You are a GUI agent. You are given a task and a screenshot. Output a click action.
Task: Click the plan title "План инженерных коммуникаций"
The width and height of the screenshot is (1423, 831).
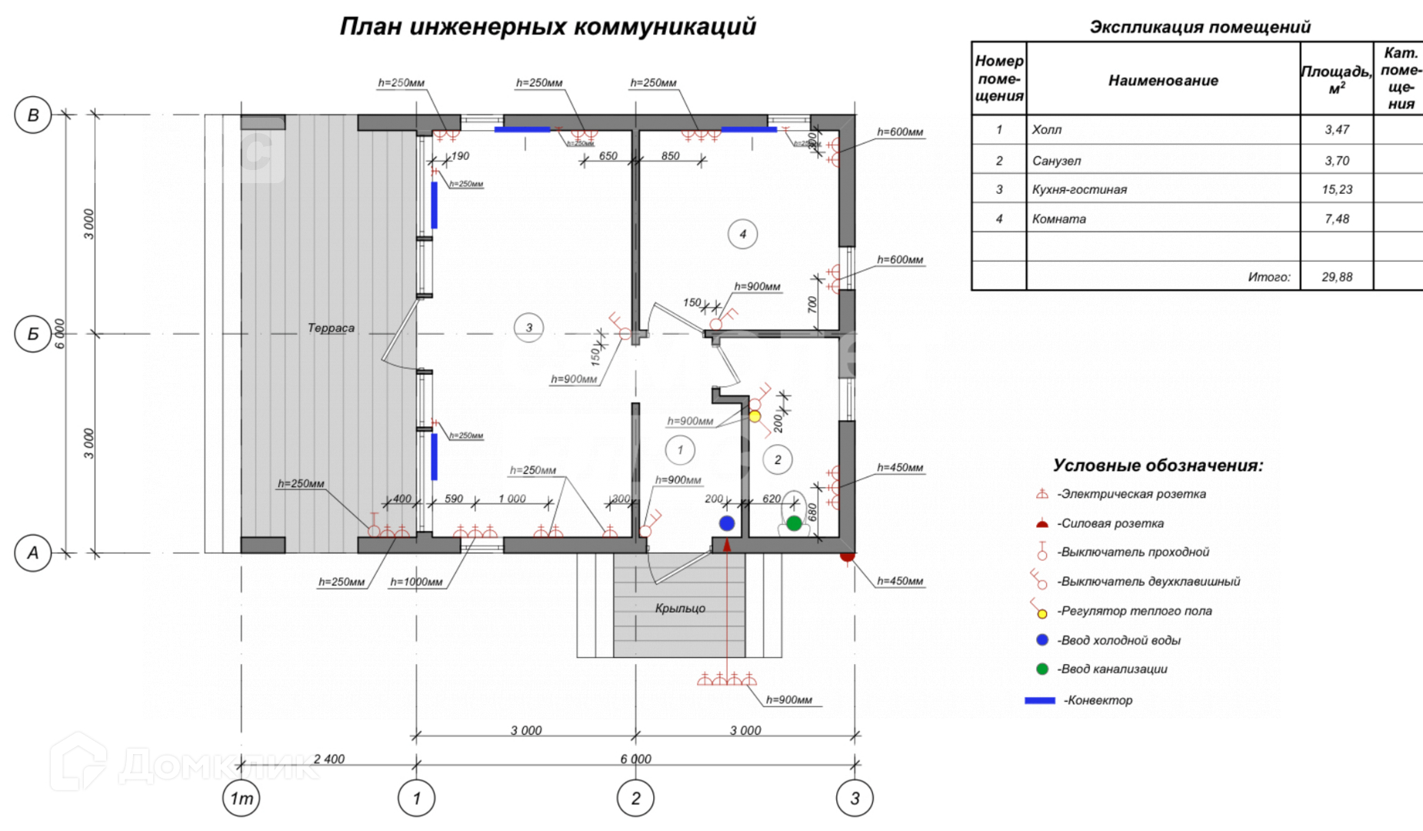[x=548, y=26]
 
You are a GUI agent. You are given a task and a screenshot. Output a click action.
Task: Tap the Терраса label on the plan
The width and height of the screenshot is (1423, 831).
[x=331, y=328]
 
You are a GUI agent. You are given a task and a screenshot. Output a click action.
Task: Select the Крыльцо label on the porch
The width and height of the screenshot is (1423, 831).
[x=680, y=608]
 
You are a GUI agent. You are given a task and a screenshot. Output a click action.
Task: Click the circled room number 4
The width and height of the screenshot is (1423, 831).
[x=742, y=234]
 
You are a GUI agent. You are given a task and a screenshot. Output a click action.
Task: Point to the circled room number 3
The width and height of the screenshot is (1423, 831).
[x=528, y=328]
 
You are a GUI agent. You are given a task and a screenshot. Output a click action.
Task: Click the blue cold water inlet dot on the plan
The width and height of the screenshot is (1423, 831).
[x=727, y=523]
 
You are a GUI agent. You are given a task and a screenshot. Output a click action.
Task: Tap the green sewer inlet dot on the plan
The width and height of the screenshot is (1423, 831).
[x=794, y=524]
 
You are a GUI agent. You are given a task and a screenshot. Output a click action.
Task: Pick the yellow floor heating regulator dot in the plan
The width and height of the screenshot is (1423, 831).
[x=755, y=416]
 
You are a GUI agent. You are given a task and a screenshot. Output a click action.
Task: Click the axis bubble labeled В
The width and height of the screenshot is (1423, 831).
[x=33, y=115]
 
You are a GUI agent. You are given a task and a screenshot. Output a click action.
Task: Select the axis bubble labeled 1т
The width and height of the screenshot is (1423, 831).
[x=242, y=799]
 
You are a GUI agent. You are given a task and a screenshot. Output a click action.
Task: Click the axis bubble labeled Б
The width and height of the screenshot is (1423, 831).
[x=33, y=334]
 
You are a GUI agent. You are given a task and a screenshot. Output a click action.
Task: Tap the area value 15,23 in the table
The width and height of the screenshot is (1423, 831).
[x=1337, y=189]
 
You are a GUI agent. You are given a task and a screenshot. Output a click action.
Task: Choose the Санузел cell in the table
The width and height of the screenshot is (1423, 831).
[x=1057, y=161]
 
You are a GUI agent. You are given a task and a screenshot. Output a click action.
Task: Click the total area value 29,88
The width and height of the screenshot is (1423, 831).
[x=1337, y=277]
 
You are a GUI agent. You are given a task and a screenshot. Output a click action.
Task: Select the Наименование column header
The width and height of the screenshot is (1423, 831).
[x=1163, y=80]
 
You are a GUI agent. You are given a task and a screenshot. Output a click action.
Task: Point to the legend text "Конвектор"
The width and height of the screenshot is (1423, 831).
[x=1098, y=700]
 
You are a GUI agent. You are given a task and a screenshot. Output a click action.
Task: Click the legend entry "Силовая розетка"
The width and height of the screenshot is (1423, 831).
[x=1109, y=523]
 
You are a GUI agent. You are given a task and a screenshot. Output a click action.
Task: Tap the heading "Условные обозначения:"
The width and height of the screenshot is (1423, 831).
[x=1158, y=466]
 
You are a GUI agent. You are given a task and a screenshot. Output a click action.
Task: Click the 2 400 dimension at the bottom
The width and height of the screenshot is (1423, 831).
[x=328, y=759]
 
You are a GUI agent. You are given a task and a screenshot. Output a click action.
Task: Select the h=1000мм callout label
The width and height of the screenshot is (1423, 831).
[x=416, y=582]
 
